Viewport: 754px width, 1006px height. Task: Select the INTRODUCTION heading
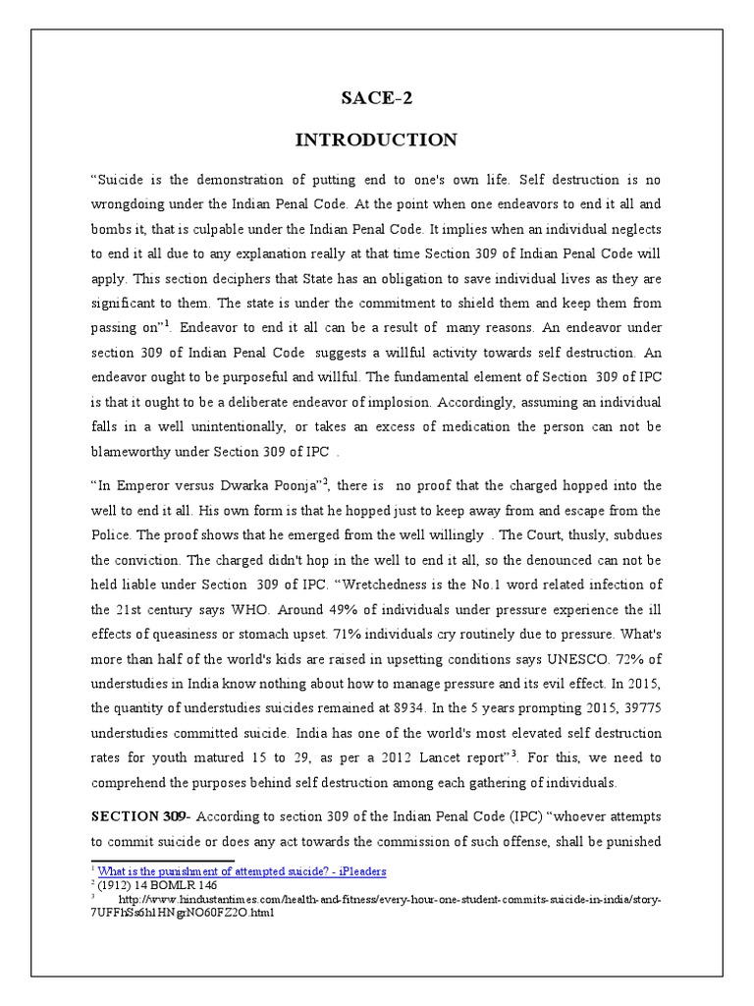376,140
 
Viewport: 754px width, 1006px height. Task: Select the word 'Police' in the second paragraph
113,537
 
